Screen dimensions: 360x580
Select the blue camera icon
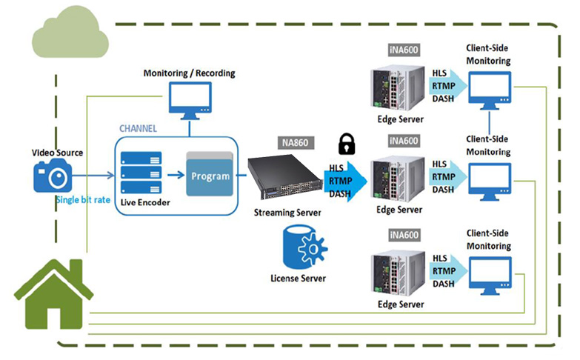point(53,177)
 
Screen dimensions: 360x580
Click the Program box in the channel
point(210,176)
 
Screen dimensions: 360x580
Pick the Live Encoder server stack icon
point(141,175)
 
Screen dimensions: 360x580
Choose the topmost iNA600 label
point(403,49)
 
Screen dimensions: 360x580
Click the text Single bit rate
point(83,200)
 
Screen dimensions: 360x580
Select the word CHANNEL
point(139,128)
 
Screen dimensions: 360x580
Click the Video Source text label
point(57,153)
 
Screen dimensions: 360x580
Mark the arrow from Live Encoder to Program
point(174,176)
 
